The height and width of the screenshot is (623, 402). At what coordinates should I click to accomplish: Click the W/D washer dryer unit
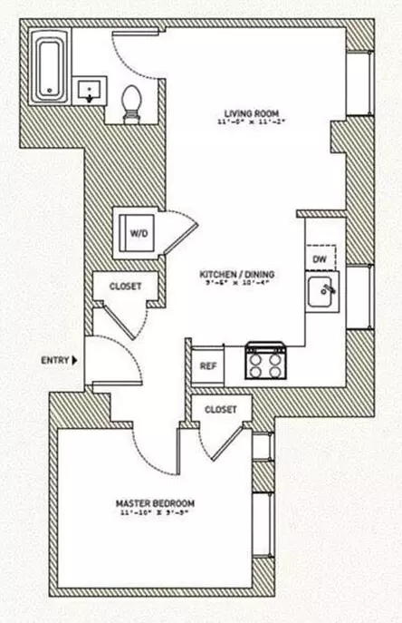coord(136,233)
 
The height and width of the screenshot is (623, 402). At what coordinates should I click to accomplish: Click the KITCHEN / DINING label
coord(237,273)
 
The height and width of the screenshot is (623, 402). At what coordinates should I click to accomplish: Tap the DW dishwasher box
coord(319,258)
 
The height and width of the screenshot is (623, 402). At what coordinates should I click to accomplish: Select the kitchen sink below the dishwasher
coord(321,294)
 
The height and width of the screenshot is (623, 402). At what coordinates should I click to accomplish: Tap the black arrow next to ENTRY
coord(76,360)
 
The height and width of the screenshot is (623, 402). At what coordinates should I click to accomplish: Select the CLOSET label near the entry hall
coord(125,285)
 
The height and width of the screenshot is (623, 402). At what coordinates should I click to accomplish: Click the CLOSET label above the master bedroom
coord(221,409)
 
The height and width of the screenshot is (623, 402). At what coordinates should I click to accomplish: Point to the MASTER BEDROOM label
coord(154,502)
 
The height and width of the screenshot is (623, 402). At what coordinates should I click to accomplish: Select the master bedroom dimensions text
coord(154,513)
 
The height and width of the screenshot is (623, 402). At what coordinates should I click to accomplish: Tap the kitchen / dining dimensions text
coord(237,283)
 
